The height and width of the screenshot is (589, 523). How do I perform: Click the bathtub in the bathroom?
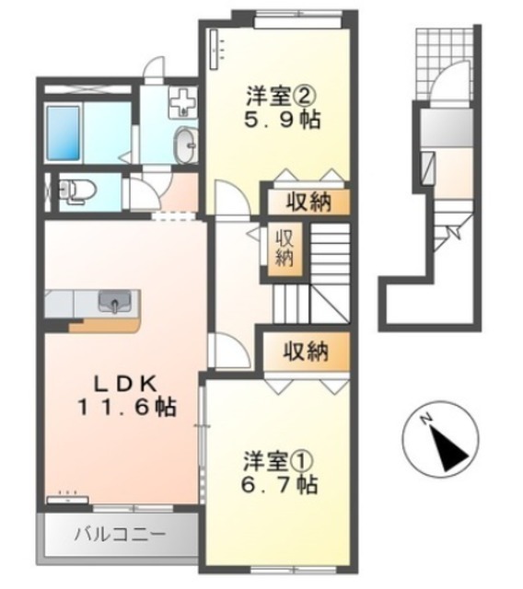tap(64, 133)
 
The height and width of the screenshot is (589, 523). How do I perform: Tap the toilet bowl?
tap(79, 191)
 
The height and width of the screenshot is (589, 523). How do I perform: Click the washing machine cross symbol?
tap(182, 102)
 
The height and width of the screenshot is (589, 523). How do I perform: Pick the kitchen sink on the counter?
tap(114, 302)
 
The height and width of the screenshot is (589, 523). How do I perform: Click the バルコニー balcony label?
tap(120, 534)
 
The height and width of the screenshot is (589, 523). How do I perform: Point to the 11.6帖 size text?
tap(127, 407)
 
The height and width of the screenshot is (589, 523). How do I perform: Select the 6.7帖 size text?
tap(280, 485)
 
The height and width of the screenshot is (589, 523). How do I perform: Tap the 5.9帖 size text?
tap(282, 120)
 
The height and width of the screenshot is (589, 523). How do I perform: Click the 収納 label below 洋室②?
tap(308, 202)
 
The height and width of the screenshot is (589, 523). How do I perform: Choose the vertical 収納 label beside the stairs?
tap(285, 248)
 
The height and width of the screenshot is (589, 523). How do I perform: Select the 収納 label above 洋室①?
tap(306, 352)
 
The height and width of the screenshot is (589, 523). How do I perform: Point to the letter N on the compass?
tap(425, 418)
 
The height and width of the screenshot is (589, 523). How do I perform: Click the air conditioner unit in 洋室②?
tap(215, 50)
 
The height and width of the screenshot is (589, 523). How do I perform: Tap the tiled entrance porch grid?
tap(443, 62)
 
